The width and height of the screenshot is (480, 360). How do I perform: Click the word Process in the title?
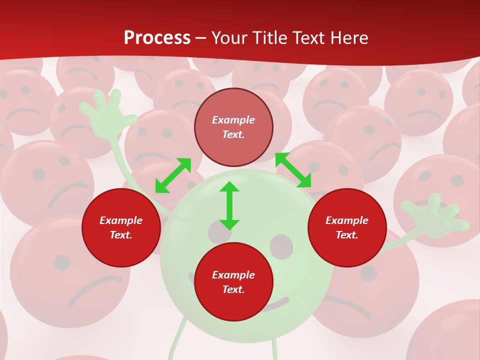tap(157, 38)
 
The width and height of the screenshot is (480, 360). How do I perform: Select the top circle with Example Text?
tap(233, 127)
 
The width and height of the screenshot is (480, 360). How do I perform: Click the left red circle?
tap(121, 228)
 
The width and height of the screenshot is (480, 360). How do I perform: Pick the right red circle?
tap(347, 228)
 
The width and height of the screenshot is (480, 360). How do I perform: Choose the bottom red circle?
tap(233, 282)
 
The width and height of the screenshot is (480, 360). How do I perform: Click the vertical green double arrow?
tap(229, 205)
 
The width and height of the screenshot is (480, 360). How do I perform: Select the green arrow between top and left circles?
tap(173, 175)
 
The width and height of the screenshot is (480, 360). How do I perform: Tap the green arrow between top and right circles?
tap(293, 170)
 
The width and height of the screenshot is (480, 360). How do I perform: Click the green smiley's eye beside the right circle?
tap(281, 246)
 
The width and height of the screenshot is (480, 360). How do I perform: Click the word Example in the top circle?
tap(233, 120)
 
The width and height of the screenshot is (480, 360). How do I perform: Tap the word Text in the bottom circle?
tap(233, 289)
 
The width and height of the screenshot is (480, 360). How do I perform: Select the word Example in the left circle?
tap(121, 220)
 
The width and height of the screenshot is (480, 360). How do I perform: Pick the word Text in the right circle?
tap(347, 235)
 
